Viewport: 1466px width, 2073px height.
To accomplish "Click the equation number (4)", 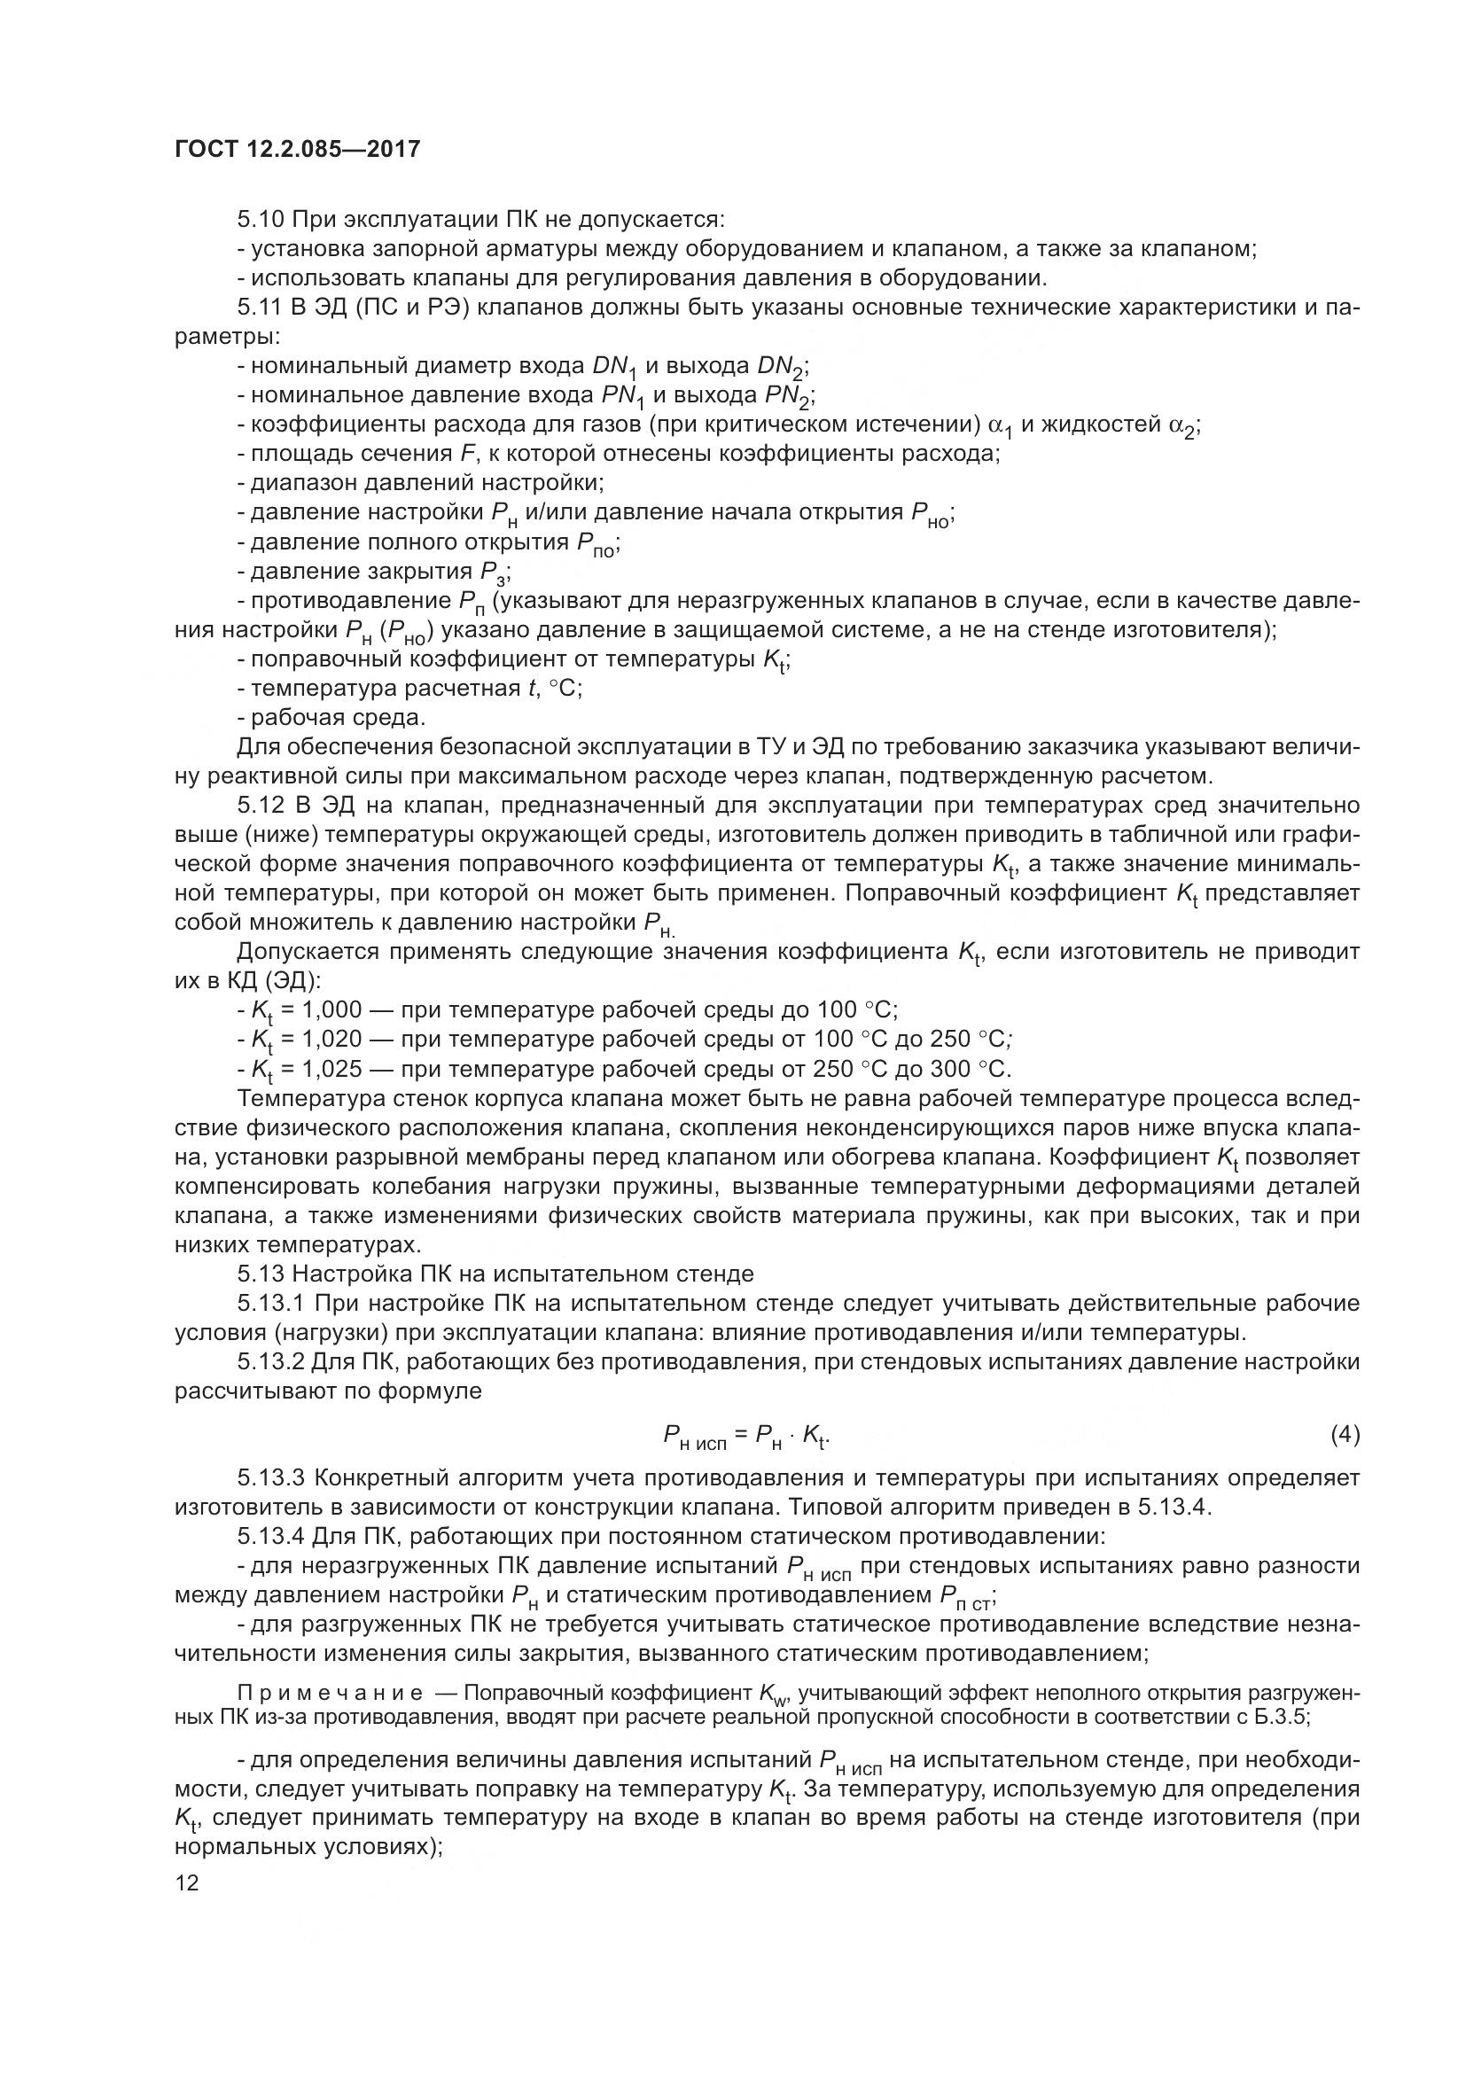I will [1345, 1434].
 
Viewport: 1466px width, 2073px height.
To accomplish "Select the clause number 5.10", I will [261, 220].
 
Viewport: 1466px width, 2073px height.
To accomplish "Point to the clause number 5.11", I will [261, 308].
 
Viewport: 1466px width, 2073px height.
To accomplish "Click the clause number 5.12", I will [261, 805].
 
